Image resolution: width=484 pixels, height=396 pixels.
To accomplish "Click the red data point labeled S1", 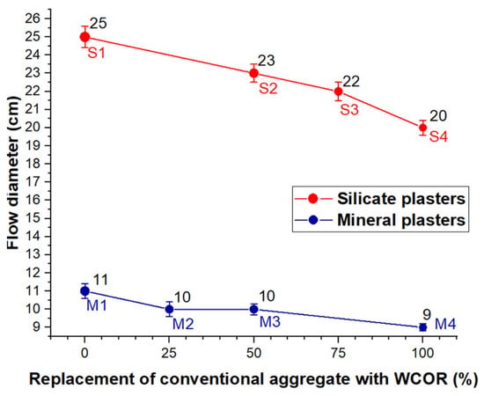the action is point(84,37).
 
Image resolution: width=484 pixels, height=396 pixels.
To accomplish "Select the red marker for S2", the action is point(253,73).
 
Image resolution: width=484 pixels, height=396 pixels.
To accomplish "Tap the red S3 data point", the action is point(338,92).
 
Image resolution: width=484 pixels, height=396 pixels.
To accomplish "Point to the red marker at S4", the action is point(423,128).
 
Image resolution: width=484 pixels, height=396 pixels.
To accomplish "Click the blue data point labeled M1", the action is point(84,290).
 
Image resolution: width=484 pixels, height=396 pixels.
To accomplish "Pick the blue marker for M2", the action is point(169,309).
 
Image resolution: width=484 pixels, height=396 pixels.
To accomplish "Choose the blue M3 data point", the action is point(253,309).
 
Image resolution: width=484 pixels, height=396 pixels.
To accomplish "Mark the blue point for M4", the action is point(423,327).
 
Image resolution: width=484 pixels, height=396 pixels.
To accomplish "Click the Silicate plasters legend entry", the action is point(380,199).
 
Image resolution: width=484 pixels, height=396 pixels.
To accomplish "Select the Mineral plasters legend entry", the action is point(380,220).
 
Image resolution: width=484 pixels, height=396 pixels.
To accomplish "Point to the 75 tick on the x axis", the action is point(338,353).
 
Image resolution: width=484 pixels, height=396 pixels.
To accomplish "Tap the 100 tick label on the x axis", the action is point(423,353).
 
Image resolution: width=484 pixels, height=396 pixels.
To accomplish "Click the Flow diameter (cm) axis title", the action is point(13,173).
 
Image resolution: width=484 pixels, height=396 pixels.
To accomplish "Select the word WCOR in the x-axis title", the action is point(422,378).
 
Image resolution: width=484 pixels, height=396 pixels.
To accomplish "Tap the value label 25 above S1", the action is point(99,24).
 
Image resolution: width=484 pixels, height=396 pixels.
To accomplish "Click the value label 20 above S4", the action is point(438,116).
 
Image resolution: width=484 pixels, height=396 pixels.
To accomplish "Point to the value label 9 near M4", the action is point(427,315).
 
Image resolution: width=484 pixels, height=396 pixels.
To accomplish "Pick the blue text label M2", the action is point(183,324).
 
